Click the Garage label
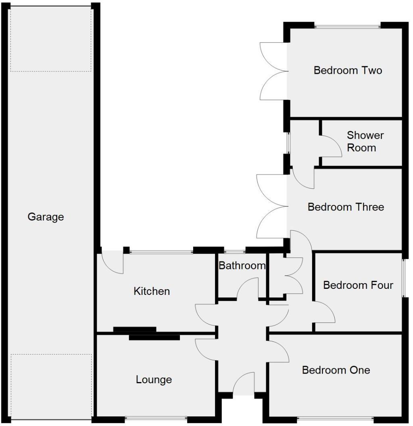click(x=46, y=217)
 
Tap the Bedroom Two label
click(x=348, y=71)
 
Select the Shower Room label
click(x=365, y=141)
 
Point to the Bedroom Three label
click(x=346, y=207)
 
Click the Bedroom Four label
click(x=358, y=285)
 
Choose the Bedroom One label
click(x=336, y=370)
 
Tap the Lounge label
click(x=154, y=380)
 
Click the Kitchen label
click(x=152, y=291)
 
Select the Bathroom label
click(x=242, y=265)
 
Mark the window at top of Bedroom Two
click(x=347, y=27)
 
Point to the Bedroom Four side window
click(x=403, y=278)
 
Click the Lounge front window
click(x=156, y=418)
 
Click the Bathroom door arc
click(x=247, y=288)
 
